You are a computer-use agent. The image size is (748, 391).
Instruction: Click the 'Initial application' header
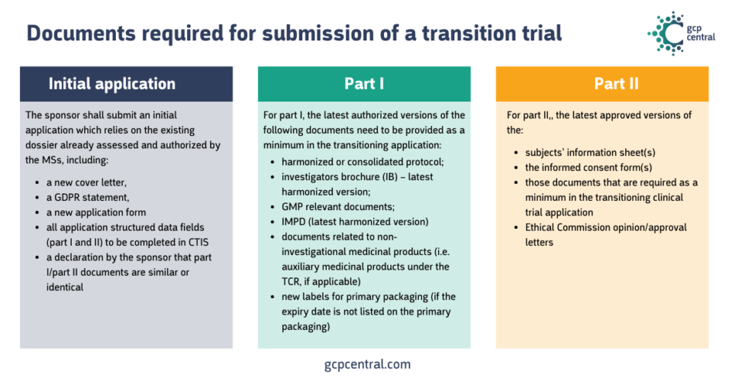111,84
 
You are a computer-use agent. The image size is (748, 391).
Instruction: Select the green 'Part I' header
364,84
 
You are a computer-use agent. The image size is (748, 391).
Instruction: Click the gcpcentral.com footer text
367,364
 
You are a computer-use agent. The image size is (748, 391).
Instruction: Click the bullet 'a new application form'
95,212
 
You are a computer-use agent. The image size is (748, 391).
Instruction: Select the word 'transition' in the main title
459,34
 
